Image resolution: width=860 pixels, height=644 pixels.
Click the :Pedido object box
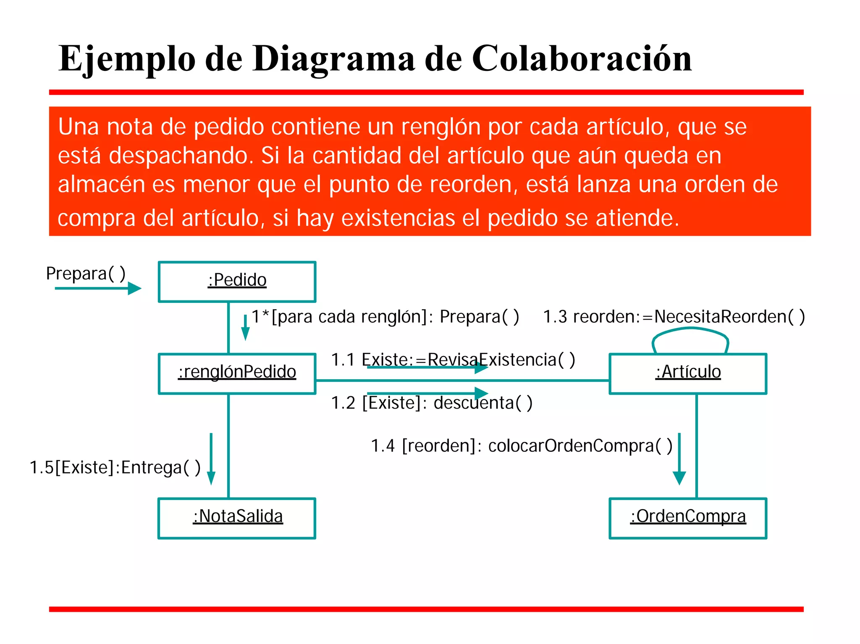[x=237, y=282]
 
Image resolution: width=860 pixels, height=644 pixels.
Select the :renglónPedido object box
[x=237, y=373]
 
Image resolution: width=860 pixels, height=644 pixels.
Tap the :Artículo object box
[x=688, y=373]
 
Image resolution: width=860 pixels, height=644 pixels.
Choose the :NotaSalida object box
[x=237, y=518]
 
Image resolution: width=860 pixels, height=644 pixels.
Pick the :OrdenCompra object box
[x=688, y=518]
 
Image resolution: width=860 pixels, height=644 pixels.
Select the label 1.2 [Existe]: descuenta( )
[x=432, y=403]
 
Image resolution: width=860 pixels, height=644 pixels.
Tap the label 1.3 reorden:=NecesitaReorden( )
[x=674, y=316]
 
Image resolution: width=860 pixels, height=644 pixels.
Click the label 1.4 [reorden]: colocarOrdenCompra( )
[x=522, y=446]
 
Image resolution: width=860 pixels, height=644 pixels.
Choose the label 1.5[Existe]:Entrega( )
[x=115, y=467]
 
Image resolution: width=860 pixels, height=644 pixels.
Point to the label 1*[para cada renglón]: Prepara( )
[x=385, y=316]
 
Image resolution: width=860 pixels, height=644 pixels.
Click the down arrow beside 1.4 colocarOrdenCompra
[x=679, y=459]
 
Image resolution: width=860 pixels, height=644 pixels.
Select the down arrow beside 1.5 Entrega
[x=211, y=459]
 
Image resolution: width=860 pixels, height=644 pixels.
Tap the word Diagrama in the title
[x=334, y=59]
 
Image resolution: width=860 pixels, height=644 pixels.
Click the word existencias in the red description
[x=398, y=218]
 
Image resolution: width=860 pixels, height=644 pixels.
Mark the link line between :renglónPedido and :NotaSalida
[x=228, y=446]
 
